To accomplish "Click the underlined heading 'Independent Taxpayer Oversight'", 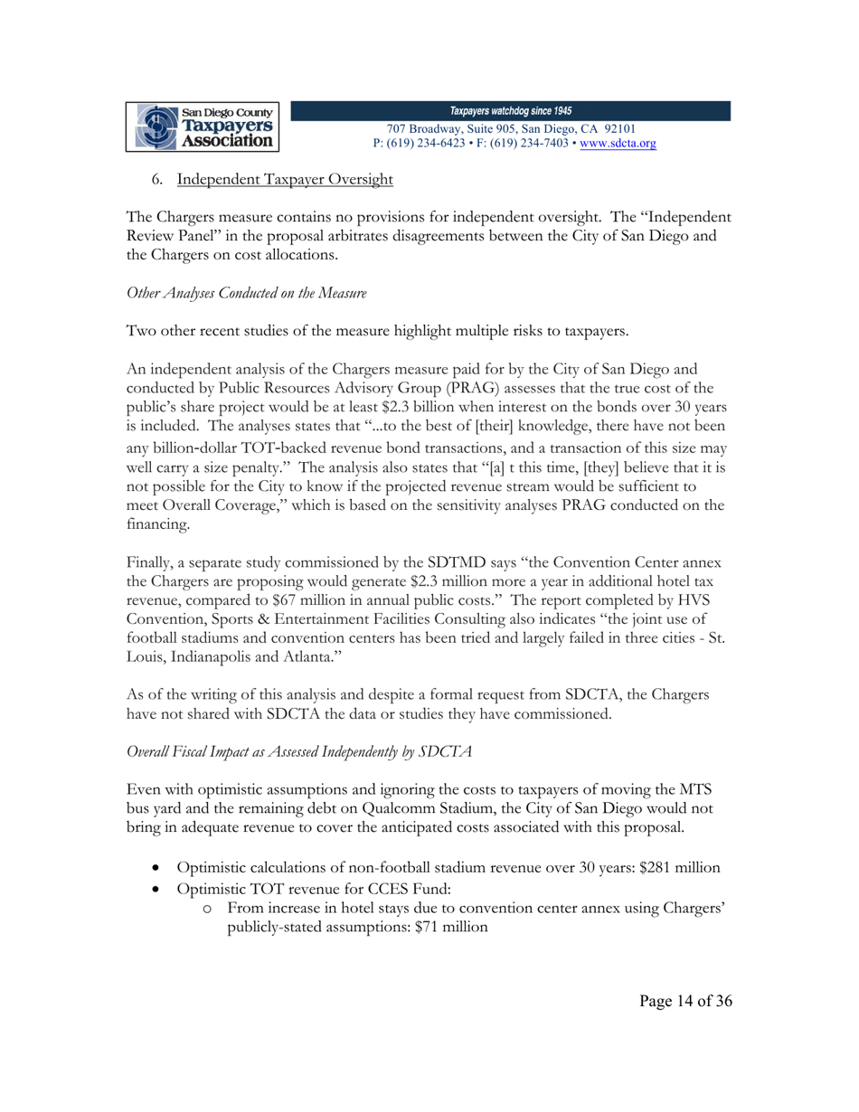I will pos(285,180).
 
